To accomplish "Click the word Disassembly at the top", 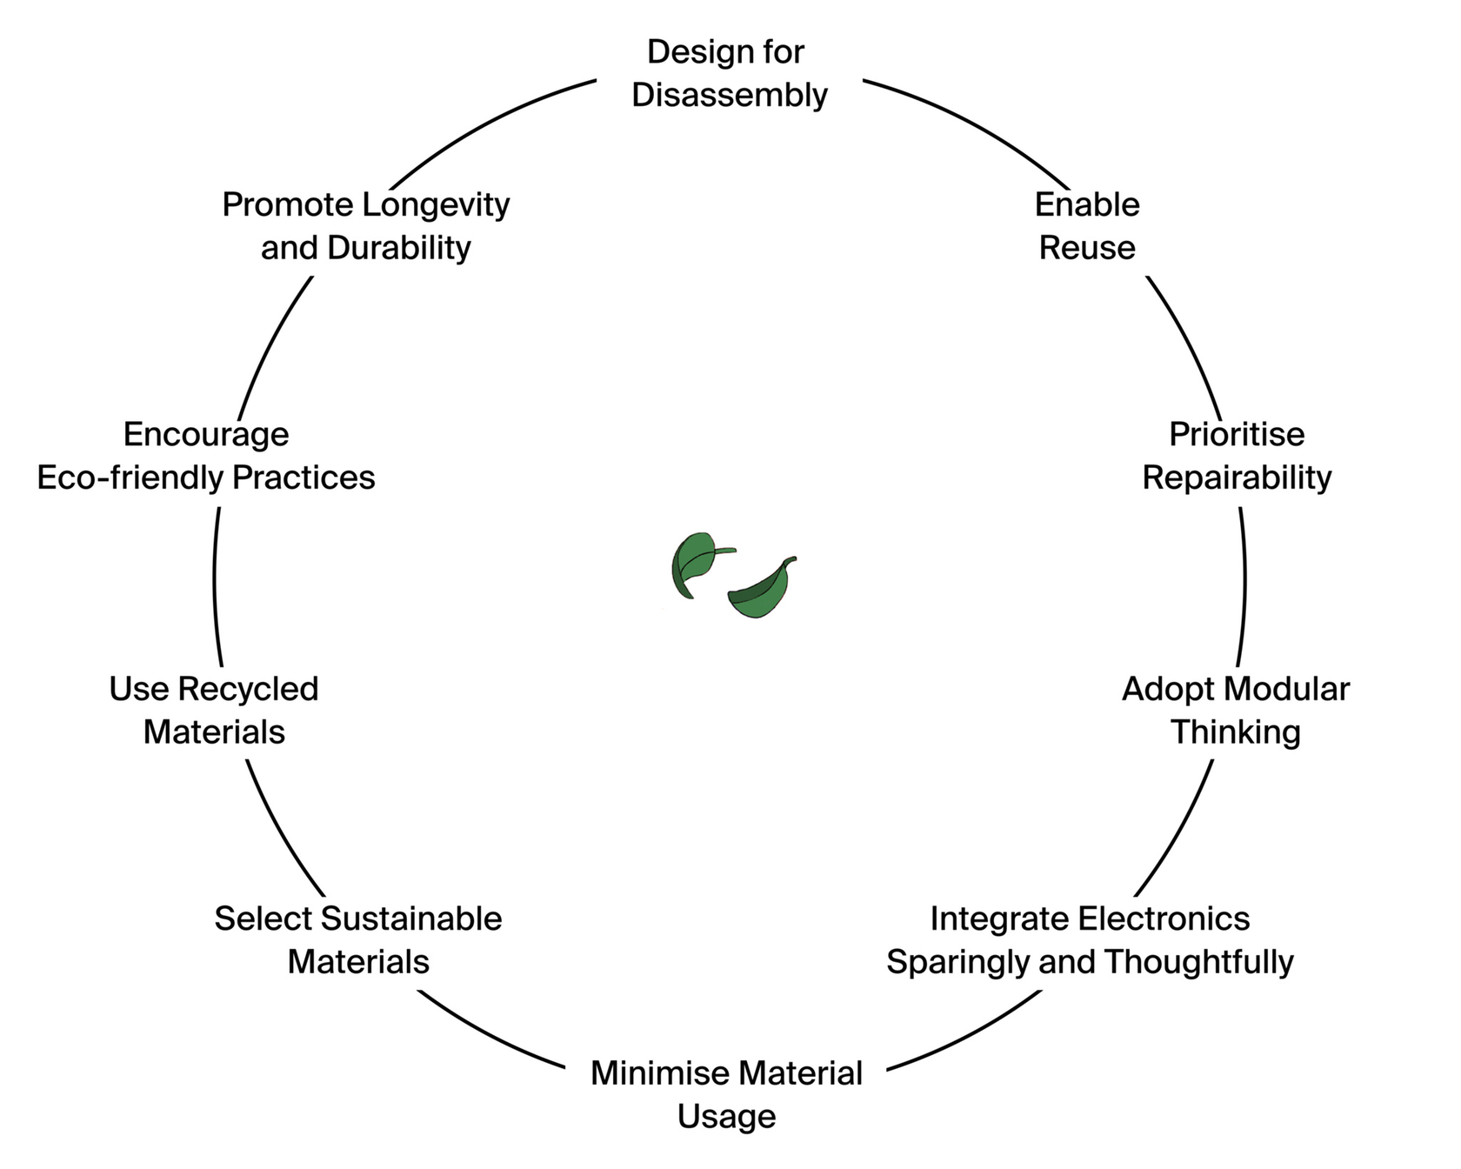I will click(729, 95).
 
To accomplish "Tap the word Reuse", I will click(1087, 248).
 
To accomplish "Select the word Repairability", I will click(1237, 478).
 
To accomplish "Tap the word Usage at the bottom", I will click(726, 1117).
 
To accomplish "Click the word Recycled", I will click(249, 689).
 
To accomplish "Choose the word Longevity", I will click(436, 205).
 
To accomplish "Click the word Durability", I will click(399, 248).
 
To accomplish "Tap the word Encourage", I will click(206, 434).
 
